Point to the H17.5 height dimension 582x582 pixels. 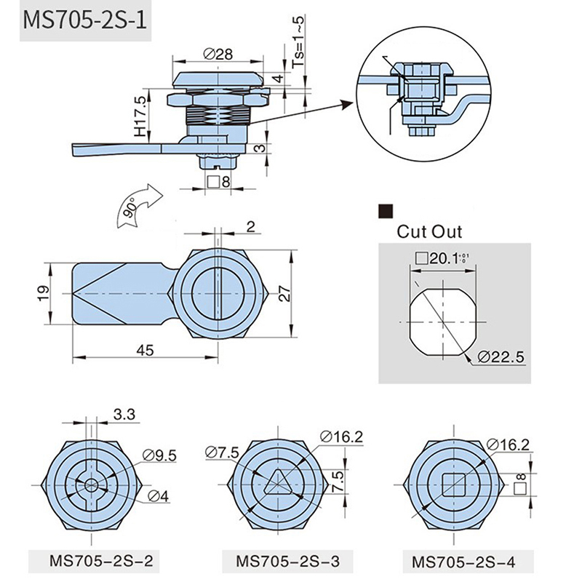pyautogui.click(x=140, y=116)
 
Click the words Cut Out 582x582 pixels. pyautogui.click(x=429, y=232)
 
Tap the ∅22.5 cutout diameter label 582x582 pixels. pyautogui.click(x=501, y=356)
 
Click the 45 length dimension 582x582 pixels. pyautogui.click(x=145, y=350)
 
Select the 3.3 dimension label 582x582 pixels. pyautogui.click(x=125, y=415)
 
